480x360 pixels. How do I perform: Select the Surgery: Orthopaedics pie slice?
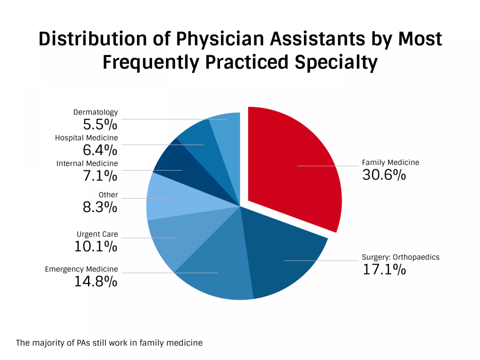[284, 253]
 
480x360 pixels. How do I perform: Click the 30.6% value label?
[384, 175]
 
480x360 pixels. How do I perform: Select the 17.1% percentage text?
[384, 269]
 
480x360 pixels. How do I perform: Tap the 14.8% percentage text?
[96, 281]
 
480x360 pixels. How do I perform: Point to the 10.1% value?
[96, 246]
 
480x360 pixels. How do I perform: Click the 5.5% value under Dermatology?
[100, 124]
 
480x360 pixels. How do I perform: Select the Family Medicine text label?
[390, 162]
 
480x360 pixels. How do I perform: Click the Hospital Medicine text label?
[86, 138]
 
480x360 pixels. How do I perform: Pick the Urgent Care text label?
[97, 234]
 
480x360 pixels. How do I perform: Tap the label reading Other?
[108, 195]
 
